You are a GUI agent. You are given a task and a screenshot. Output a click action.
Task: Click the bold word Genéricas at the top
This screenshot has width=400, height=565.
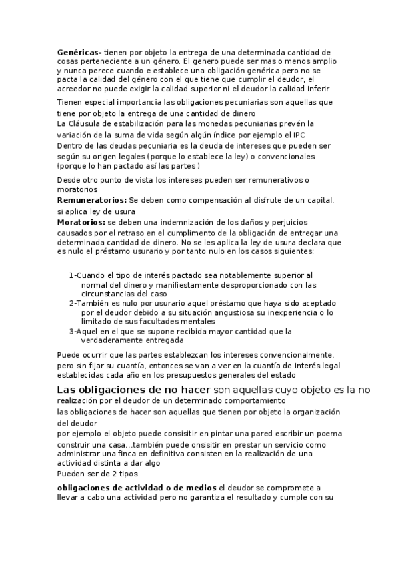(79, 52)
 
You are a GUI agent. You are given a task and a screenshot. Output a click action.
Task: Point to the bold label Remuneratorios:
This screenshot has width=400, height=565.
(92, 201)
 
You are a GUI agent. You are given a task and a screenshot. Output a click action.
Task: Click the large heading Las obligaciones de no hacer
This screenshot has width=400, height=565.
(133, 389)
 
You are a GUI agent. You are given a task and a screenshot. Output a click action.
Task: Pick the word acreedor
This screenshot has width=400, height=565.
(74, 88)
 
